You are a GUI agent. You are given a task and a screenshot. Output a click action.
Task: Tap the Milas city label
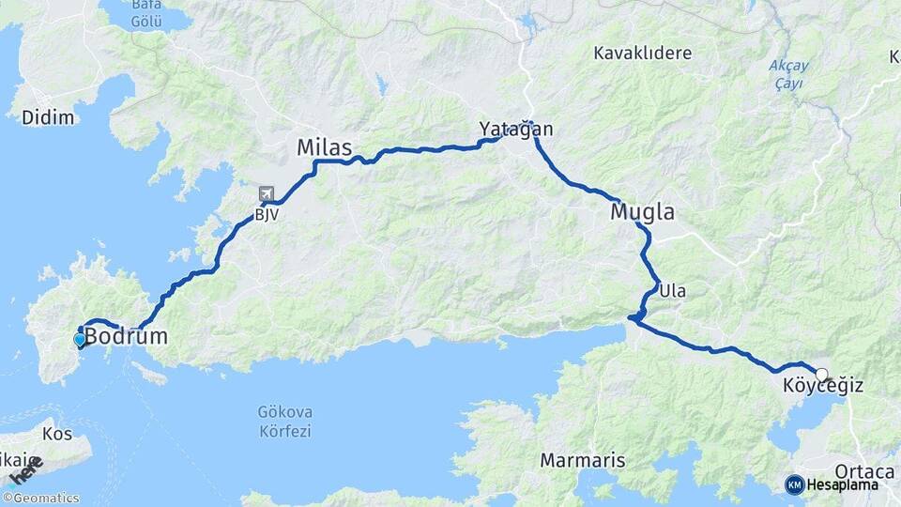click(324, 147)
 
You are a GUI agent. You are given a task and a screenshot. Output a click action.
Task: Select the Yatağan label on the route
click(516, 129)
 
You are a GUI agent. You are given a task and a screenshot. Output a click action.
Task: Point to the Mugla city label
click(642, 212)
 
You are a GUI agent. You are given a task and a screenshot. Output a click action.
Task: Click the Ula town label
click(672, 291)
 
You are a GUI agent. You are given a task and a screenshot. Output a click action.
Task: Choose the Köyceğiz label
click(822, 386)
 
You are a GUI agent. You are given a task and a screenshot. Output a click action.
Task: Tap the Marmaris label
click(583, 461)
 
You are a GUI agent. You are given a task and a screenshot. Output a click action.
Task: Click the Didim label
click(47, 117)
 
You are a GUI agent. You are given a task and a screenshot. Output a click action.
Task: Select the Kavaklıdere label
click(642, 53)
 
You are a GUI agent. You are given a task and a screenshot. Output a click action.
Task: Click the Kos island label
click(56, 435)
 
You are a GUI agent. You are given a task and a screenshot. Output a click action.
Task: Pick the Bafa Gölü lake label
click(145, 12)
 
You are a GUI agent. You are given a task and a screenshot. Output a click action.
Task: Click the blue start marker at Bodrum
click(80, 340)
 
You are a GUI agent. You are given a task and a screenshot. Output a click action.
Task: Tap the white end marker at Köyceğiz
click(821, 375)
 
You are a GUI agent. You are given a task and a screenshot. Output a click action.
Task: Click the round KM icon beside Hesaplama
click(794, 484)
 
